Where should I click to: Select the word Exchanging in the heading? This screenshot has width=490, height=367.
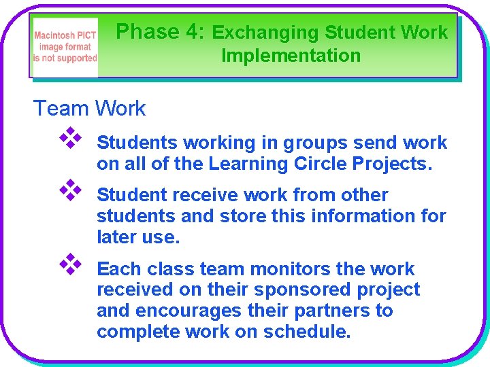(x=265, y=33)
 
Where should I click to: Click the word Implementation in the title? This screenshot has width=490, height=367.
(x=291, y=56)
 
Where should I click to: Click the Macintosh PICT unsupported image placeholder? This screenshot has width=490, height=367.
(x=66, y=47)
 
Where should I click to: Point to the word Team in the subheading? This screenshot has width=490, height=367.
(x=61, y=108)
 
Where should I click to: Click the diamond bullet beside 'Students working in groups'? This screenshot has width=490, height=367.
(x=70, y=139)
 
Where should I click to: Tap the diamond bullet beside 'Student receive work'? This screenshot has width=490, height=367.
(x=70, y=192)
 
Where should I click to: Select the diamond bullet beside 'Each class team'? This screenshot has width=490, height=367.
(x=70, y=265)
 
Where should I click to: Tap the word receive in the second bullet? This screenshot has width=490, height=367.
(x=201, y=195)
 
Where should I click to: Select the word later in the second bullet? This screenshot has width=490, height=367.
(x=117, y=237)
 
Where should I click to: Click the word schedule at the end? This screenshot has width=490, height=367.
(x=306, y=332)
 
